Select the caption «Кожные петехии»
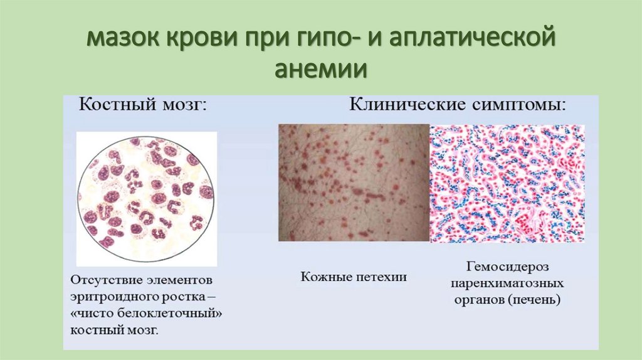(354, 276)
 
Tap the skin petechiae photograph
(354, 183)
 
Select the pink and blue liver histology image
(507, 183)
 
